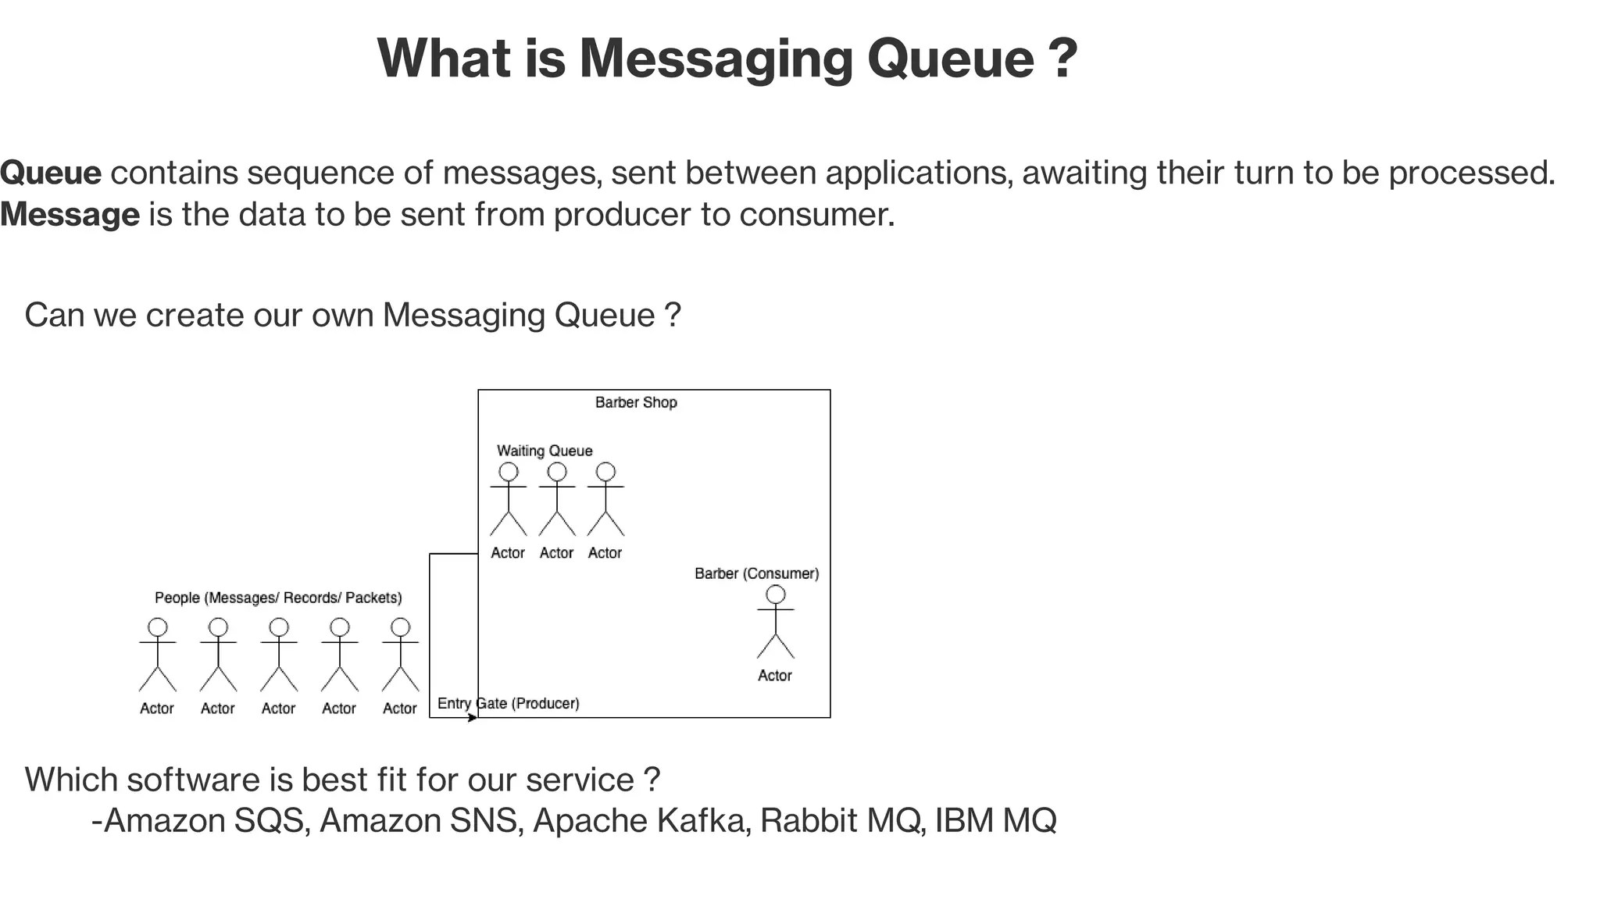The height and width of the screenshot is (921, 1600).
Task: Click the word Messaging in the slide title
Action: pyautogui.click(x=716, y=59)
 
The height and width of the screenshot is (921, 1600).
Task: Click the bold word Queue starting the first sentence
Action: pyautogui.click(x=51, y=173)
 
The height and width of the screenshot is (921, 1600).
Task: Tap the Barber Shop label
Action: pyautogui.click(x=636, y=402)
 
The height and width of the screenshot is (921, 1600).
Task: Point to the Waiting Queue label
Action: pyautogui.click(x=545, y=451)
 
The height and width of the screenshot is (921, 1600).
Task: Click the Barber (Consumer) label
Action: pyautogui.click(x=756, y=573)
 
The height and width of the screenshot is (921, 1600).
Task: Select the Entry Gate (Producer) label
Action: pyautogui.click(x=509, y=703)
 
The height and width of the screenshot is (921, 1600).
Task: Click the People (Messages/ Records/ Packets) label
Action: pyautogui.click(x=278, y=598)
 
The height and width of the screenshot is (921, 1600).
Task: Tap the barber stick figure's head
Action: pyautogui.click(x=776, y=594)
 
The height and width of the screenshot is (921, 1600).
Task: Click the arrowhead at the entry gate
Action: pyautogui.click(x=473, y=717)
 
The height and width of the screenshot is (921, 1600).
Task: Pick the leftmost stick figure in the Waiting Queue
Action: pyautogui.click(x=509, y=500)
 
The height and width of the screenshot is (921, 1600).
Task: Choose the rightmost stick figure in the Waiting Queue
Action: pyautogui.click(x=605, y=500)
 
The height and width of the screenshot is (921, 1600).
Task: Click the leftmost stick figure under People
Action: pyautogui.click(x=158, y=655)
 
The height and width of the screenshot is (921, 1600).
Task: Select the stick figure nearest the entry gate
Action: pyautogui.click(x=401, y=655)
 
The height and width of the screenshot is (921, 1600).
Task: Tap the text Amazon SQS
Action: pyautogui.click(x=203, y=820)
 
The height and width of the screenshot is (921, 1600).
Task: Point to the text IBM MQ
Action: pyautogui.click(x=995, y=820)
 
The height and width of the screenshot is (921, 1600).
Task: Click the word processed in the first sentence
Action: pyautogui.click(x=1471, y=173)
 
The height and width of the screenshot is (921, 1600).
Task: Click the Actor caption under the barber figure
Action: pyautogui.click(x=775, y=676)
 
